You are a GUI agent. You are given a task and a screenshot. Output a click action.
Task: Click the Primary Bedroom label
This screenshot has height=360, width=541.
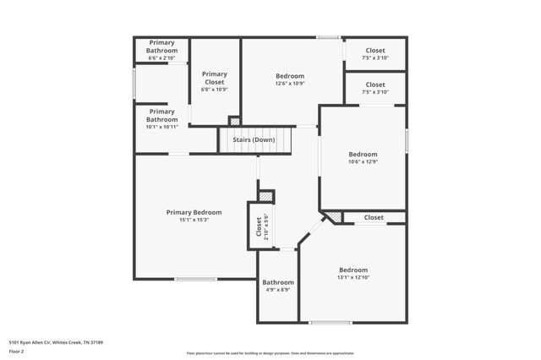click(x=194, y=212)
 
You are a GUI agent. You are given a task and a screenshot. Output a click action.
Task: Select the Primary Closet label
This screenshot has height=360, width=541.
click(x=215, y=78)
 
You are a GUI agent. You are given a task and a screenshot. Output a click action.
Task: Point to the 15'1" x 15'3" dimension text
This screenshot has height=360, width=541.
click(x=194, y=220)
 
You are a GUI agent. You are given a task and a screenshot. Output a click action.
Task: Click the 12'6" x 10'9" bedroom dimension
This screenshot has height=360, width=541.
click(x=290, y=83)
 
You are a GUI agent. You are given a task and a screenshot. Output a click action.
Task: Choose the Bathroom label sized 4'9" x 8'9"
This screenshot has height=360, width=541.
click(x=277, y=282)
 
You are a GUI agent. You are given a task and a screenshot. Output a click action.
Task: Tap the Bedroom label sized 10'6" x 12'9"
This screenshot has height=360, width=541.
click(x=363, y=154)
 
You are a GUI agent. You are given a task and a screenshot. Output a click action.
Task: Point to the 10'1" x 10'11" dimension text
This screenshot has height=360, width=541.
click(x=162, y=127)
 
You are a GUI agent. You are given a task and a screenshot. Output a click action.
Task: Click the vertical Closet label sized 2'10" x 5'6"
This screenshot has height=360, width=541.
click(x=260, y=226)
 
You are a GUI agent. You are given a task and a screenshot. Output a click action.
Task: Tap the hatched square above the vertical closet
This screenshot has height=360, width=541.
click(x=266, y=196)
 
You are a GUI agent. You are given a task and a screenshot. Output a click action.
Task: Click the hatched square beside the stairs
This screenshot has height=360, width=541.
click(x=234, y=121)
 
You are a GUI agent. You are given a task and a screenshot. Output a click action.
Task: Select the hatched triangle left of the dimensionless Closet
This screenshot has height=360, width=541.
click(x=335, y=218)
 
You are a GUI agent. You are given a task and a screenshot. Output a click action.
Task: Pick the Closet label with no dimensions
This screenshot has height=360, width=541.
click(x=374, y=217)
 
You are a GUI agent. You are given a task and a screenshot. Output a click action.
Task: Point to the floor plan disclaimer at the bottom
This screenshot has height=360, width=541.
click(x=270, y=353)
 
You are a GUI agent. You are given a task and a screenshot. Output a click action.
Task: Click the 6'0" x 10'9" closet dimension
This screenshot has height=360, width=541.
click(x=215, y=90)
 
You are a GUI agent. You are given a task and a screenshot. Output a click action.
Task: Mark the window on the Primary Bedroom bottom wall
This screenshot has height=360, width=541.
click(x=194, y=279)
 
